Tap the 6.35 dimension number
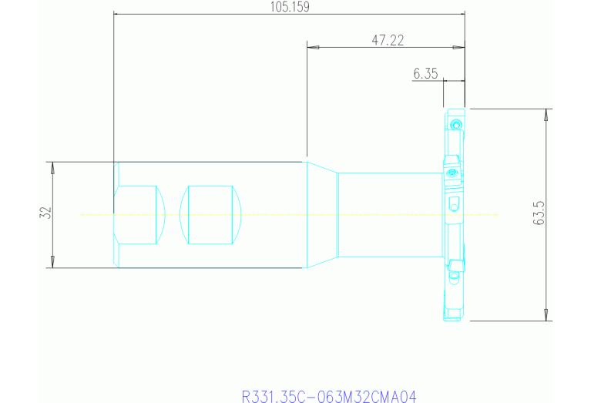tap(425, 74)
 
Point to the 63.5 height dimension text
tap(539, 213)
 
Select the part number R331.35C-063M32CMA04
tap(329, 397)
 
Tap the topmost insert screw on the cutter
tap(456, 123)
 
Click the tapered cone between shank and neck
tap(322, 214)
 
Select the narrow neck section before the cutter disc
tap(389, 214)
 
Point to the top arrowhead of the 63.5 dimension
tap(546, 114)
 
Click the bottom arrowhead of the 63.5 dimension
tap(546, 315)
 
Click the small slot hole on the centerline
tap(454, 204)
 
